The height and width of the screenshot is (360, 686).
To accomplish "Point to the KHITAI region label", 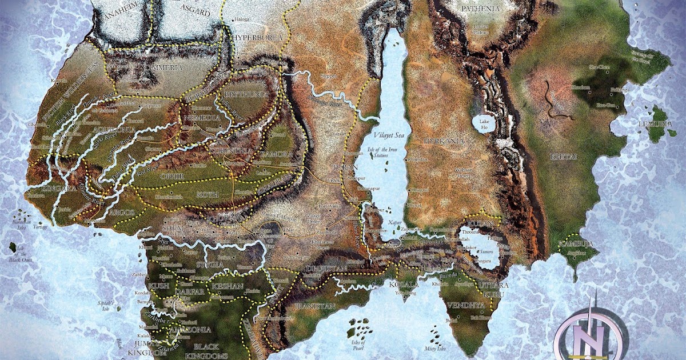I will tap(561, 156).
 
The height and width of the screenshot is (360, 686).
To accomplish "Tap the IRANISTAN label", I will tap(316, 306).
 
